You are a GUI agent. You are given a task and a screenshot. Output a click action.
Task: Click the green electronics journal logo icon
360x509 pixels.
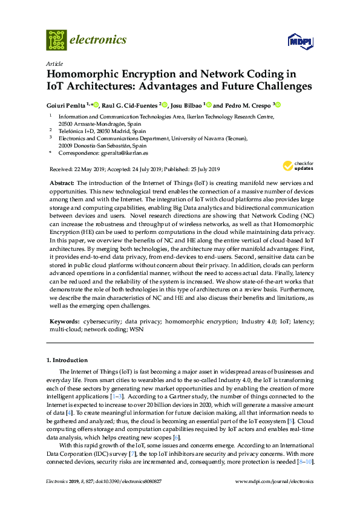tap(56, 40)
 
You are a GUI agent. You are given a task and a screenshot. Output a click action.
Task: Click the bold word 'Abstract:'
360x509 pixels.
tap(61, 183)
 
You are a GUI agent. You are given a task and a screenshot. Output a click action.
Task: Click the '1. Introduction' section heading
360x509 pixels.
tap(67, 360)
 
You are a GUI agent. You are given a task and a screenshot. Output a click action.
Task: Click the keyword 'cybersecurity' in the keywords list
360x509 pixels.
tap(101, 322)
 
